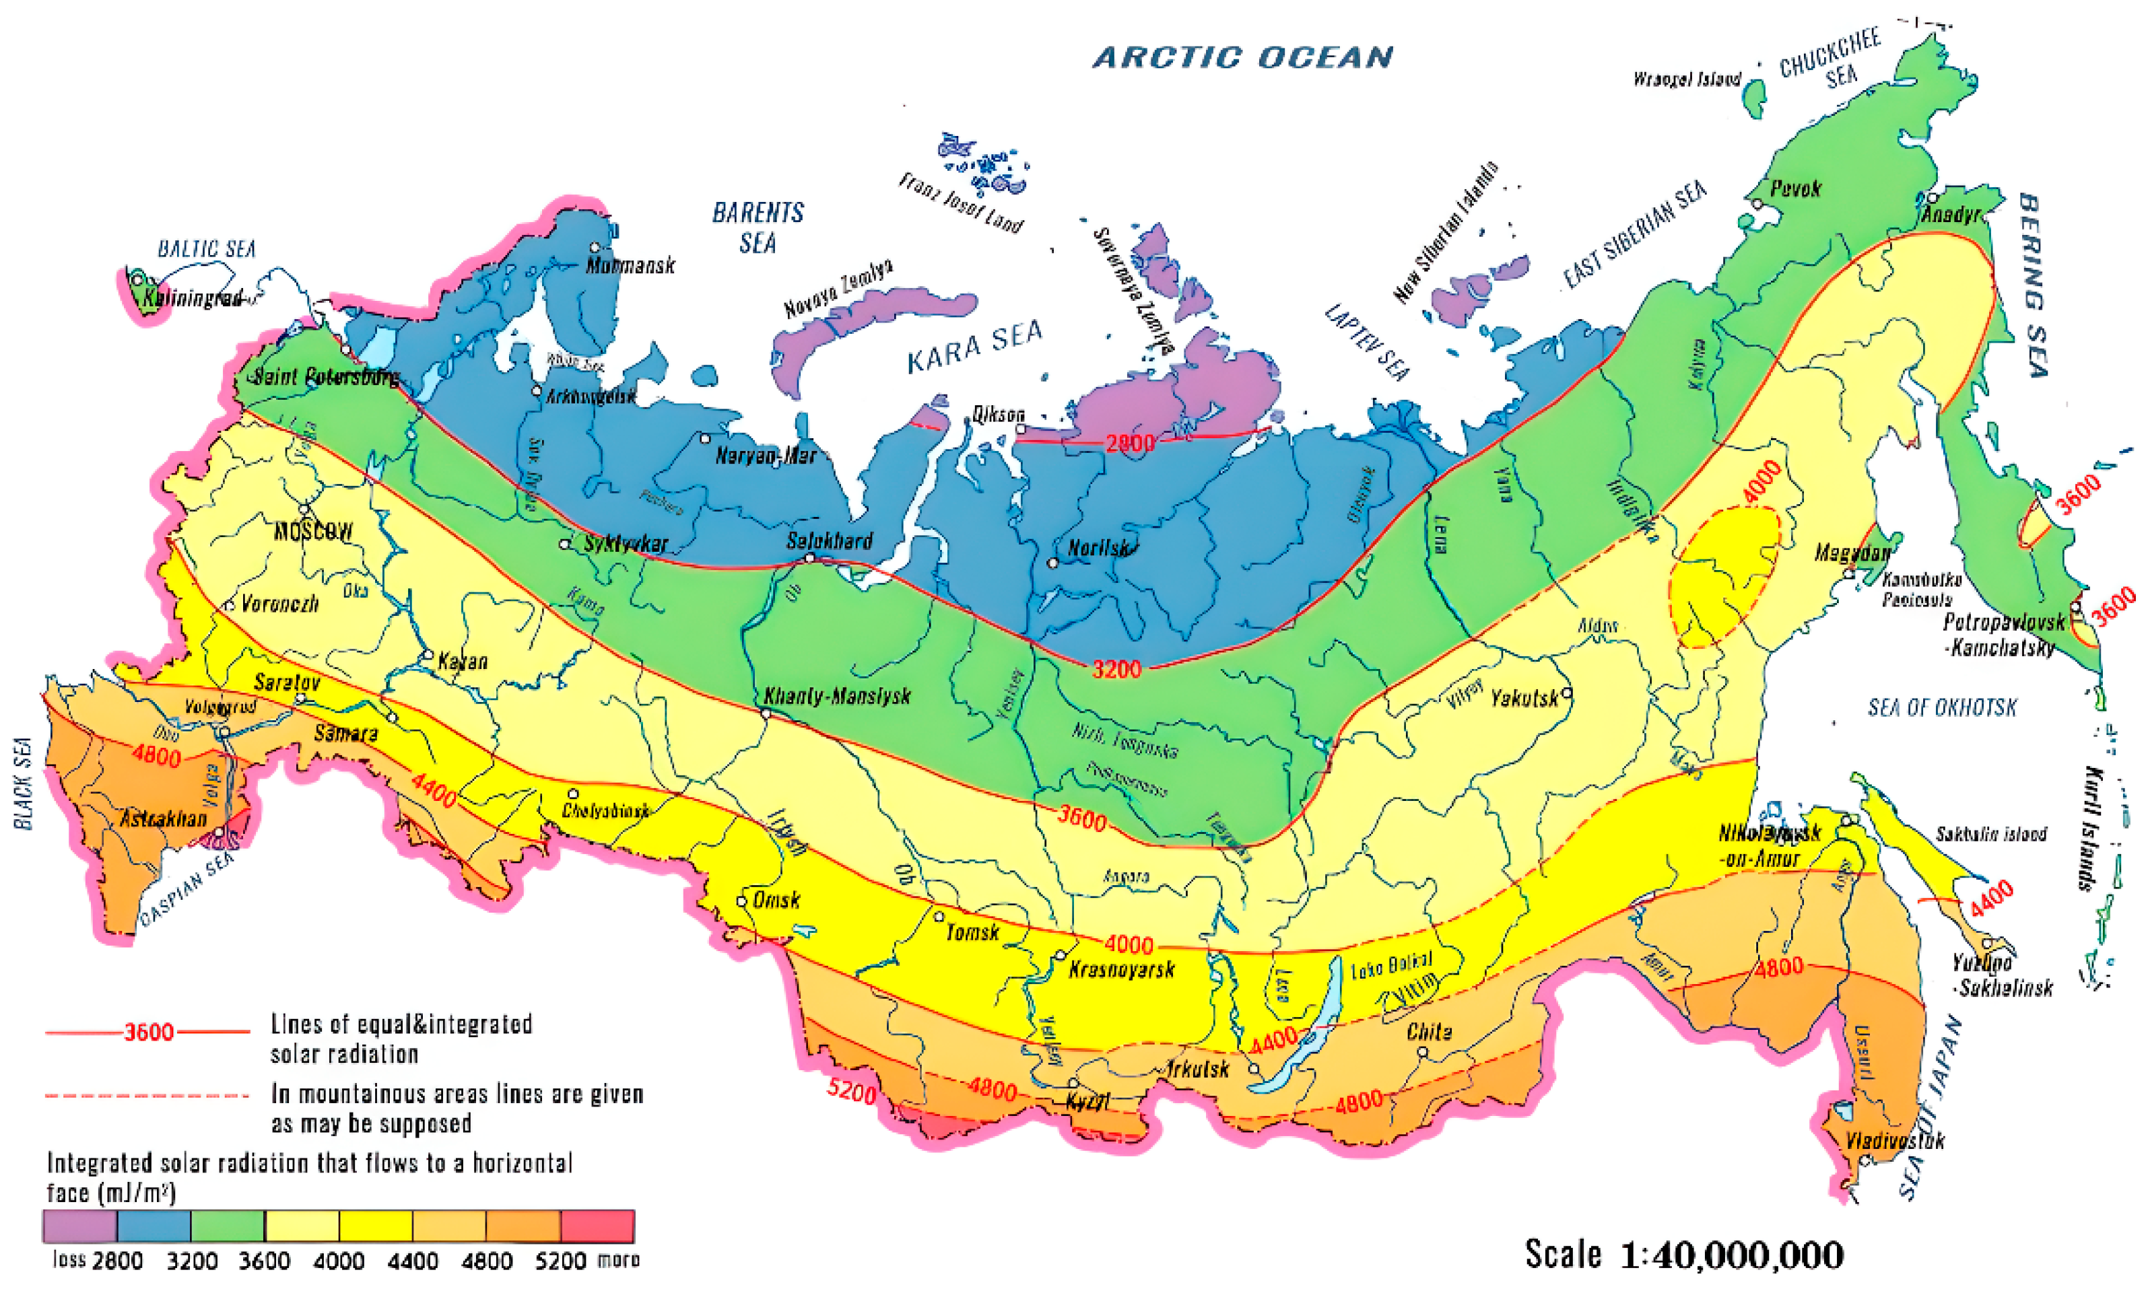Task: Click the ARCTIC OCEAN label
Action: (1242, 57)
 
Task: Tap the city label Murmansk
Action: (630, 265)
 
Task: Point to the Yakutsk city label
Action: (1524, 698)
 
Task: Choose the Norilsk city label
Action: (1098, 548)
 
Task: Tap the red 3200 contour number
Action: (1116, 668)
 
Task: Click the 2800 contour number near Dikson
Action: (1130, 443)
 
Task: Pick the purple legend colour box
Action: (79, 1225)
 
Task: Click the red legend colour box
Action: (597, 1225)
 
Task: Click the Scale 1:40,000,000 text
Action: (1683, 1255)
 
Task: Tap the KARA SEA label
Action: (974, 347)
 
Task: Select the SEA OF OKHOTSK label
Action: (1942, 707)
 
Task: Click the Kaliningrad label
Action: (192, 298)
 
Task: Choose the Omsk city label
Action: (776, 899)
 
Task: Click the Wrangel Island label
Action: (1687, 79)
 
